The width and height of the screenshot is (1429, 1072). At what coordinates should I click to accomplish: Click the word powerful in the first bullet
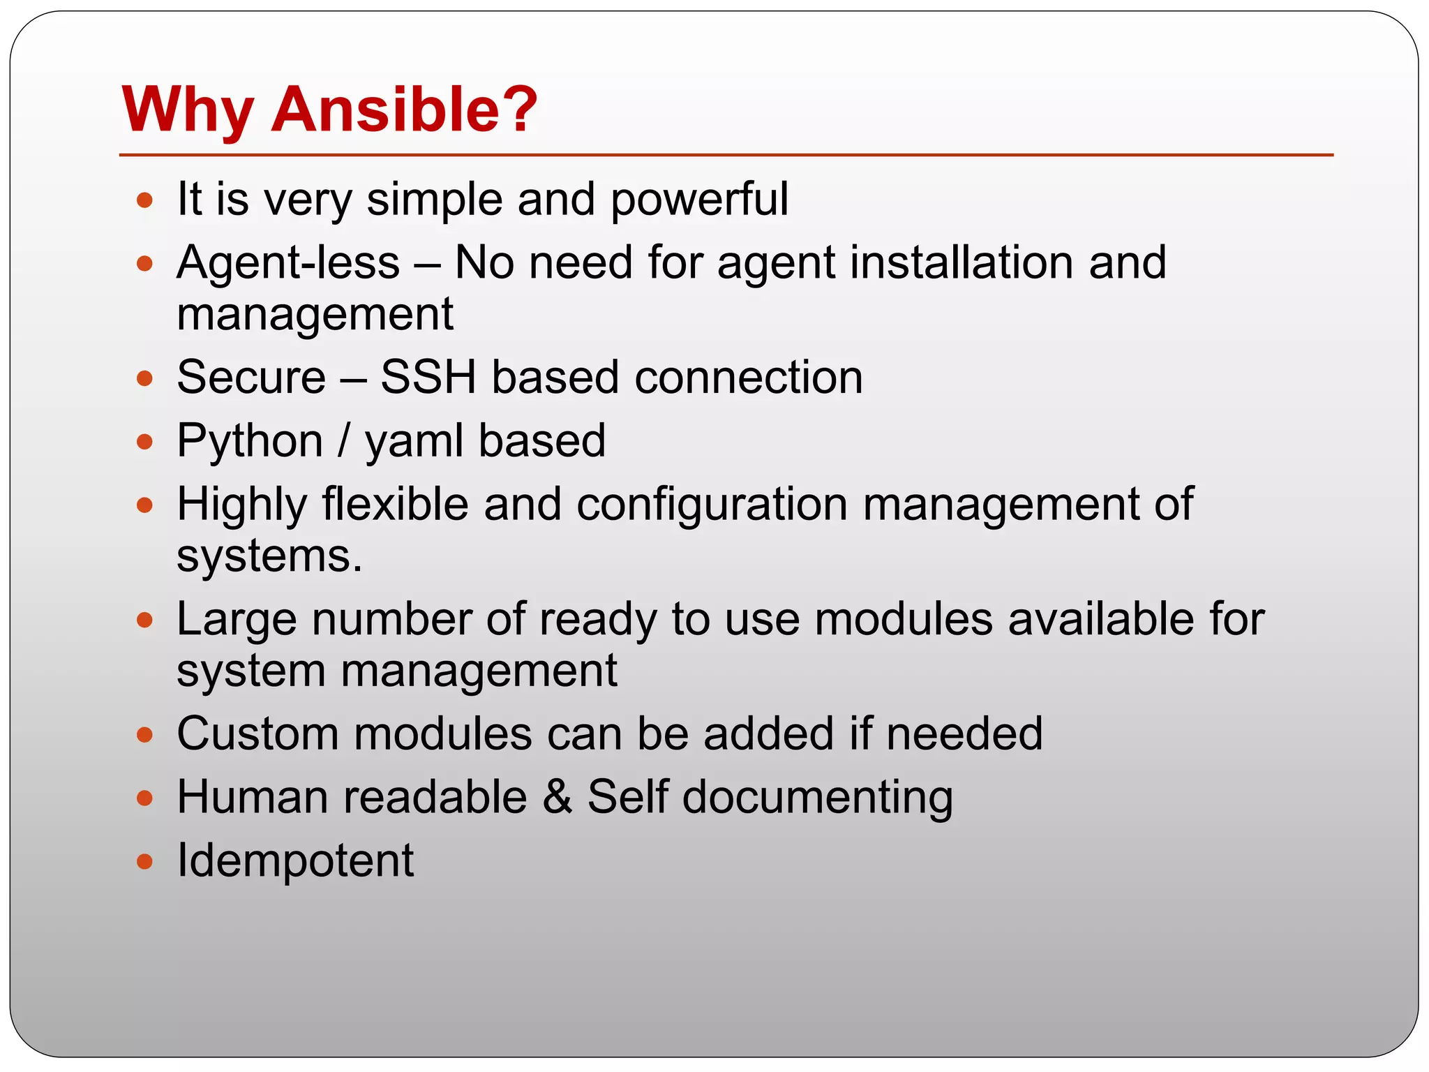click(699, 200)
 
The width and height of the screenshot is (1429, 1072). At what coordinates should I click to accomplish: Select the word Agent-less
click(288, 263)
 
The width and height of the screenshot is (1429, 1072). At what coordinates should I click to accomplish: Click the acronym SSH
click(428, 378)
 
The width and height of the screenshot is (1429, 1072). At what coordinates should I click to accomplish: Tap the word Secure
click(251, 378)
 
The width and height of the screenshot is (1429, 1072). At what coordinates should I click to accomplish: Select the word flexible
click(395, 505)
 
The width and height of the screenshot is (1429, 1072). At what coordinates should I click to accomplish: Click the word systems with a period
click(269, 557)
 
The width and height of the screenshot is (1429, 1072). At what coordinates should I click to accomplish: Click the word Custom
click(257, 734)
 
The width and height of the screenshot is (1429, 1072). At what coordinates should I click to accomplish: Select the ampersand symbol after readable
click(557, 797)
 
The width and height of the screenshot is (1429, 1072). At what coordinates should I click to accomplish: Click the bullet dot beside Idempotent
click(144, 862)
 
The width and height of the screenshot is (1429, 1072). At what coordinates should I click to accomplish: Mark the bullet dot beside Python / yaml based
click(144, 442)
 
